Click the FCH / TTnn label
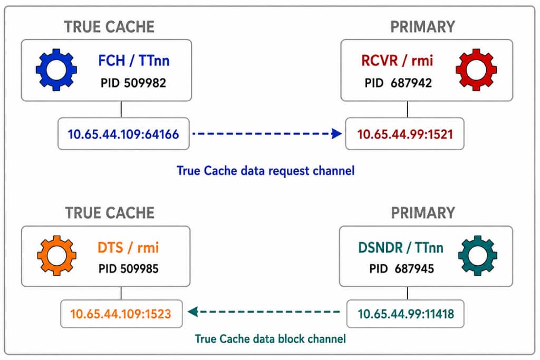[x=133, y=61]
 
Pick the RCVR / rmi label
[x=397, y=61]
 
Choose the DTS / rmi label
[x=128, y=247]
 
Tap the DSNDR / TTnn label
[x=401, y=247]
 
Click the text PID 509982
[x=133, y=83]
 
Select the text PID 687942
[x=398, y=83]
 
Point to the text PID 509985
[x=129, y=269]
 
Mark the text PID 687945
[x=401, y=269]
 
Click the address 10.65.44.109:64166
[x=123, y=134]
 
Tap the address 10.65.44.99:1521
[x=405, y=134]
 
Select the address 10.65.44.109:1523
[x=121, y=314]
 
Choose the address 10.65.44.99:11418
[x=406, y=314]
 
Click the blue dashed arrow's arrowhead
[x=336, y=133]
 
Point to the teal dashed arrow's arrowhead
[x=193, y=312]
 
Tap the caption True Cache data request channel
[x=266, y=171]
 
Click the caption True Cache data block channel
[x=271, y=339]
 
